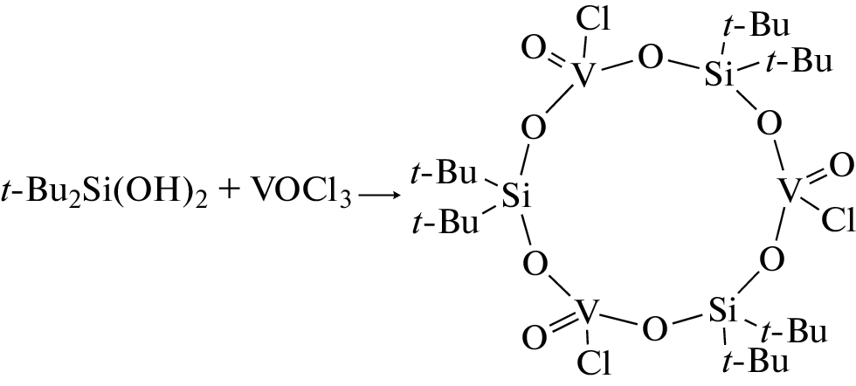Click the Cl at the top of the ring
point(594,21)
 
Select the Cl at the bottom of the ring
point(594,364)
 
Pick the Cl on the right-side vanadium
point(838,220)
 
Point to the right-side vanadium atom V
point(789,191)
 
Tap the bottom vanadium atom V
point(584,312)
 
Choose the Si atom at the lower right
point(723,311)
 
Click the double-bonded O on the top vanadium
point(534,48)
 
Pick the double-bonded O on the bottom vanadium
point(535,336)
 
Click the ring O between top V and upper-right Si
point(650,59)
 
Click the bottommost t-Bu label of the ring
point(755,362)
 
